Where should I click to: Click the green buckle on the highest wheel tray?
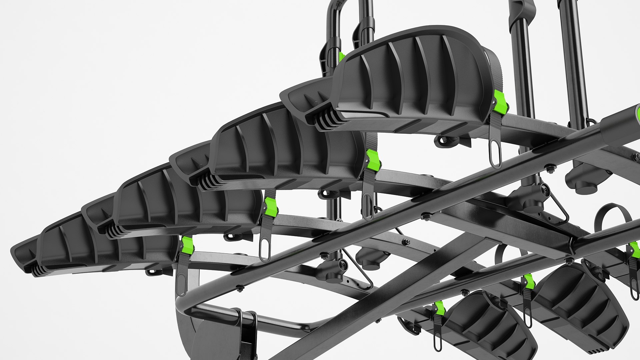click(x=500, y=102)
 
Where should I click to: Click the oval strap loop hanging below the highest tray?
click(x=495, y=154)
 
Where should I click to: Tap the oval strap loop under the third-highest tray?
click(x=265, y=248)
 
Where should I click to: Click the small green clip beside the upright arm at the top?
click(x=341, y=57)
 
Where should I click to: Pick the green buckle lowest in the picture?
click(x=440, y=308)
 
